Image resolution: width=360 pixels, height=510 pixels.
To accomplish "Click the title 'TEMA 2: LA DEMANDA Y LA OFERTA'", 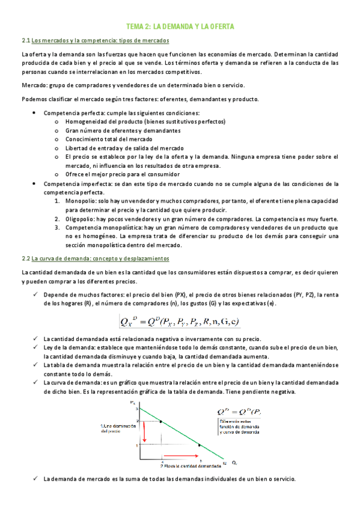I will click(180, 27).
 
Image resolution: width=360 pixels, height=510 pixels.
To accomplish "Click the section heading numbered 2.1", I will click(95, 40).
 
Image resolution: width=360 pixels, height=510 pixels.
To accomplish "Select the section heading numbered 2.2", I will click(95, 258).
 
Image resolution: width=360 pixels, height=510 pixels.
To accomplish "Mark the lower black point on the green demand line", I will click(200, 445).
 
